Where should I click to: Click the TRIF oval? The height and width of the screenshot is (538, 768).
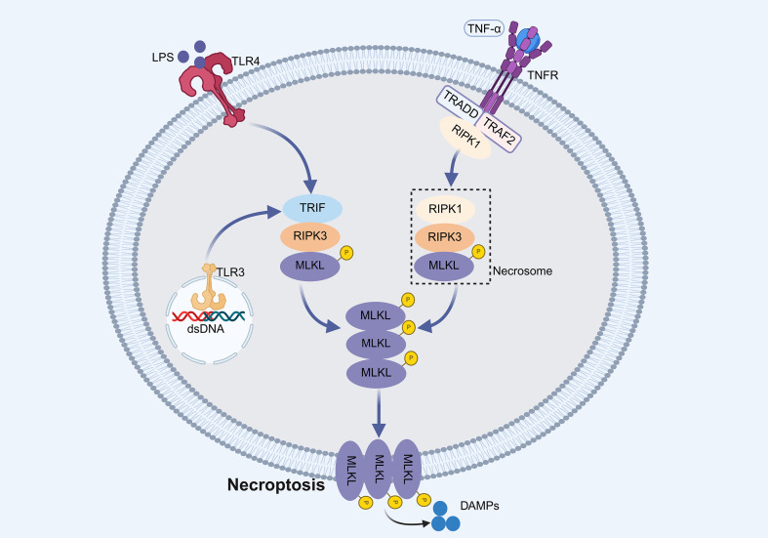[x=312, y=208]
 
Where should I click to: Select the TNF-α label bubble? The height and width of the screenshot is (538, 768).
[x=484, y=29]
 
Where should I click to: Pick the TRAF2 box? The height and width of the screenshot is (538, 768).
[x=499, y=131]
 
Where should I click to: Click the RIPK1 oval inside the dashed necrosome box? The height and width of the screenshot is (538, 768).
[x=445, y=209]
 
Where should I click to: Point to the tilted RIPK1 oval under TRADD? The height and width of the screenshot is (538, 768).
[x=465, y=138]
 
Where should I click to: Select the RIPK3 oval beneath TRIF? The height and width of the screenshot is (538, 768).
[x=310, y=236]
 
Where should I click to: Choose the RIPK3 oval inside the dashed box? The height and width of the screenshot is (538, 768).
[x=445, y=237]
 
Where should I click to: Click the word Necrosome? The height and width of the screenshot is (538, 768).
[x=522, y=271]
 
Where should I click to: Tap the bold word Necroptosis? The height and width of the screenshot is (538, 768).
[x=276, y=484]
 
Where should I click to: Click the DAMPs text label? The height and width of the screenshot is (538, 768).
[x=479, y=506]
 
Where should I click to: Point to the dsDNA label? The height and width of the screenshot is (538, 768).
[x=206, y=329]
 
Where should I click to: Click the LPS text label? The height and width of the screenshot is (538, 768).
[x=163, y=58]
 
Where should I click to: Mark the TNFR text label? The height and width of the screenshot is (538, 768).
[x=543, y=75]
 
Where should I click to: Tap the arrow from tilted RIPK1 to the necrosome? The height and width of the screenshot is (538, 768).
[x=452, y=168]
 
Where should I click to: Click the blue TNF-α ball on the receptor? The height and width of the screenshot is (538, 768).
[x=528, y=39]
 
